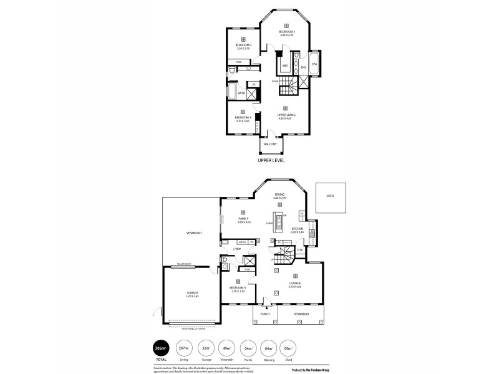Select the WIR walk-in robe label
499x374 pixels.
coord(284,65)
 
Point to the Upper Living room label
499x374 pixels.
coord(286,115)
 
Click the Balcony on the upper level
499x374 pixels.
coord(270,144)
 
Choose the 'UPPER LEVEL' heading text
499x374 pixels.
coord(271,160)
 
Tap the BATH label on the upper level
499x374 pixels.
coord(241,93)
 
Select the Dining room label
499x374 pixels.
coord(279,194)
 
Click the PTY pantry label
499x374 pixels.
coord(299,250)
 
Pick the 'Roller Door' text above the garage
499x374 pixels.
coord(183,264)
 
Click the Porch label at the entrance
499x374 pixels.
coord(264,314)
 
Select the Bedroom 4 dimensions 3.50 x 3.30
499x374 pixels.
coord(238,290)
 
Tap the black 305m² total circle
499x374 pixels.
coord(162,348)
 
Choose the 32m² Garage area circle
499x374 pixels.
coord(205,348)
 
